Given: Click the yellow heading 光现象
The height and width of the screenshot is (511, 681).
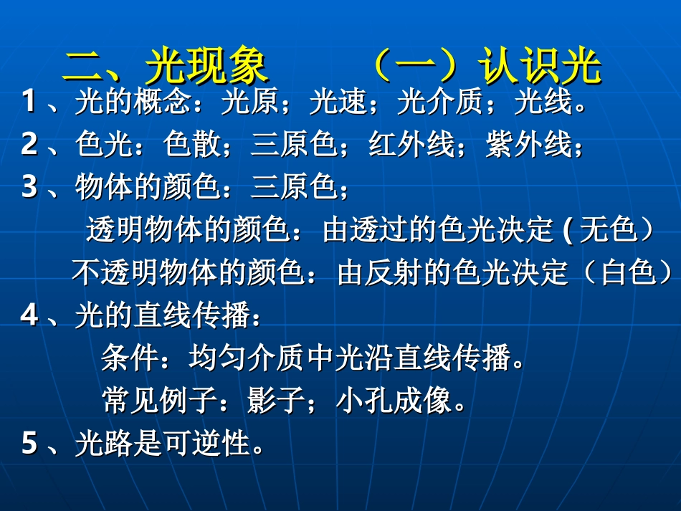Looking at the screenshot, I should click(x=206, y=68).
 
